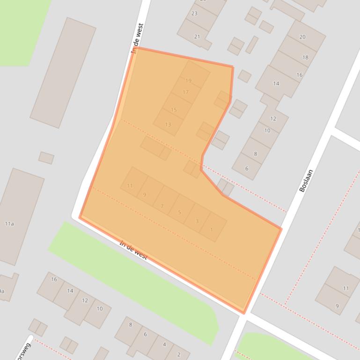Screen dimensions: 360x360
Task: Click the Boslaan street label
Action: [306, 180]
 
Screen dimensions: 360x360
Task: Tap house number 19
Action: [189, 80]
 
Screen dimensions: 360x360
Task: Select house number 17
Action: [185, 92]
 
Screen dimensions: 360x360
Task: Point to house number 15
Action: [174, 110]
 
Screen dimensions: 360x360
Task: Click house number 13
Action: [168, 124]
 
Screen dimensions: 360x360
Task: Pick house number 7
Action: [162, 206]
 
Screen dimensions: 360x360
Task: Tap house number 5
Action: [179, 213]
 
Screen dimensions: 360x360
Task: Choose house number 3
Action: [197, 221]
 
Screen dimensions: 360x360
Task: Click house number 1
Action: [212, 230]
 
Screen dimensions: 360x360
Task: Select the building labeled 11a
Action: [9, 224]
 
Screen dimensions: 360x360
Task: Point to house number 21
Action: [197, 36]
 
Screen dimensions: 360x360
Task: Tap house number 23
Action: [194, 14]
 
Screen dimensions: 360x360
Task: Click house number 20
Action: [302, 37]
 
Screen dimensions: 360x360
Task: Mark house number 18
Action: [305, 58]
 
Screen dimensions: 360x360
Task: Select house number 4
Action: [164, 345]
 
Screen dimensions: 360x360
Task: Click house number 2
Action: [179, 354]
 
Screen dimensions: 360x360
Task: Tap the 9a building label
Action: [2, 291]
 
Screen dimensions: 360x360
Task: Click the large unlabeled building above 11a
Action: [63, 72]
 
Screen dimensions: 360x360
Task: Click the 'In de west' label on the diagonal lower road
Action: [133, 251]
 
